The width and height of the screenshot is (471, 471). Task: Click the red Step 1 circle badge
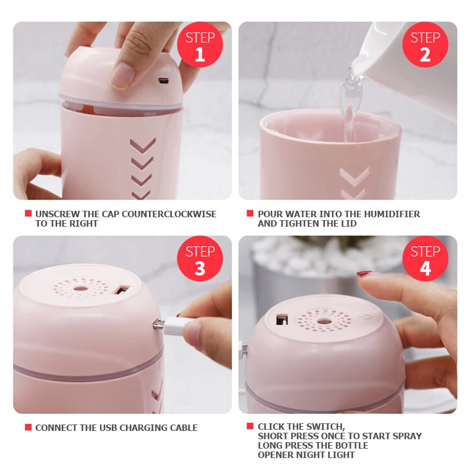click(200, 45)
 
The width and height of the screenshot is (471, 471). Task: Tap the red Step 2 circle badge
click(425, 45)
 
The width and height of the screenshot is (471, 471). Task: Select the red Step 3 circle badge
click(200, 258)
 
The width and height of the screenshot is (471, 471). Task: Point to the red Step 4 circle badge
click(425, 258)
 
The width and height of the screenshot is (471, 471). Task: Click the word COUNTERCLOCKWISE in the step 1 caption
click(169, 214)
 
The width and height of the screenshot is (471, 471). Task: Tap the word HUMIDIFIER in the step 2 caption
click(392, 214)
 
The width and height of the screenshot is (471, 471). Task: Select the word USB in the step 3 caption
click(110, 428)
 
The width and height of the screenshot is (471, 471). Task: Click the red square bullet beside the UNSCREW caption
click(28, 213)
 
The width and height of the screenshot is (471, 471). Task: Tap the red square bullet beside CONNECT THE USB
click(28, 427)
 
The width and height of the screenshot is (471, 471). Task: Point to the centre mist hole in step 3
click(81, 289)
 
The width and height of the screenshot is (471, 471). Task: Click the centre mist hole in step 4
click(324, 321)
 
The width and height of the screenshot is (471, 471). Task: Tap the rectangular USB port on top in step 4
click(282, 320)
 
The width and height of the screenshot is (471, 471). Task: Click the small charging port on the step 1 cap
click(164, 81)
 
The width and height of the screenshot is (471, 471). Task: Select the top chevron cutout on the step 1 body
click(142, 144)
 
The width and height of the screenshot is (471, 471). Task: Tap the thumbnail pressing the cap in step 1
click(121, 75)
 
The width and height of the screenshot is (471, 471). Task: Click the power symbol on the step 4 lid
click(367, 317)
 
